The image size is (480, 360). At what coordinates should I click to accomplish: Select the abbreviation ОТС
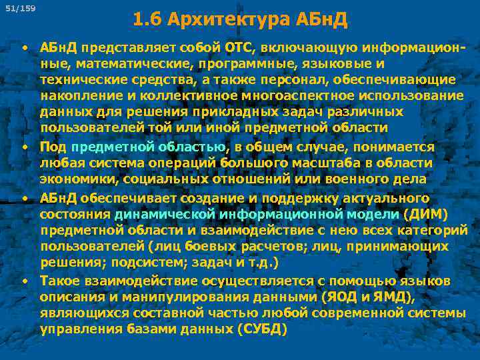pos(239,47)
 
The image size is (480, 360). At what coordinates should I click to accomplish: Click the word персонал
pos(317,79)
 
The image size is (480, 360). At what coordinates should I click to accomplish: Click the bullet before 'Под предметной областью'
pos(23,146)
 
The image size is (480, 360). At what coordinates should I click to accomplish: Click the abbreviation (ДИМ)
pos(426,213)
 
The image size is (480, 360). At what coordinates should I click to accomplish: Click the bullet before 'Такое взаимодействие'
pos(23,281)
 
